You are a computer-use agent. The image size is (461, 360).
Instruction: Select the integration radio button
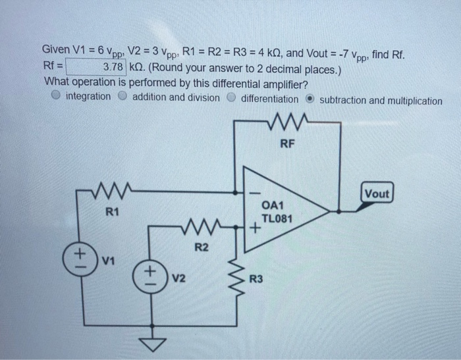click(x=57, y=97)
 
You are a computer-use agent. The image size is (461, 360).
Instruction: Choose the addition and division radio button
click(x=123, y=97)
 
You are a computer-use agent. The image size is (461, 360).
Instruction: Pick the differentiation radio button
click(x=232, y=98)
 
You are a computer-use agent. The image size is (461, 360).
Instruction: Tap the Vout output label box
click(x=377, y=193)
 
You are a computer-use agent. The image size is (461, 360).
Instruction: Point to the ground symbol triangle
click(x=153, y=345)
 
